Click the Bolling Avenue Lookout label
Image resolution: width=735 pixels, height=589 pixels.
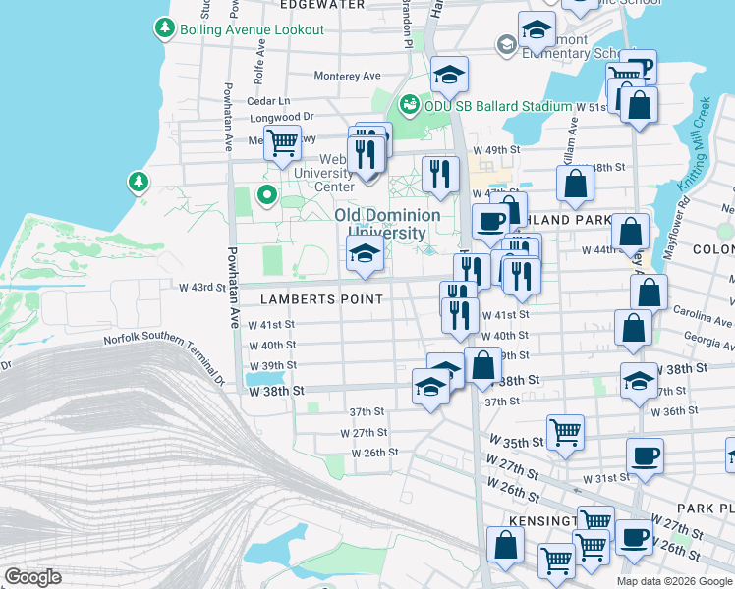pyautogui.click(x=252, y=29)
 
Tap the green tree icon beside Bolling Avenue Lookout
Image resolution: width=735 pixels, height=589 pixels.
pyautogui.click(x=164, y=29)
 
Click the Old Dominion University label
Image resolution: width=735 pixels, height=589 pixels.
pyautogui.click(x=380, y=224)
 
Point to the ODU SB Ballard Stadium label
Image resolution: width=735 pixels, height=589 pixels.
pyautogui.click(x=497, y=106)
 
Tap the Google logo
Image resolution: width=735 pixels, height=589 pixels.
pyautogui.click(x=33, y=577)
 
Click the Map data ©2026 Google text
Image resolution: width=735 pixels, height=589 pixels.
pyautogui.click(x=674, y=581)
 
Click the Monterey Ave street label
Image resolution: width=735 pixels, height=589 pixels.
pyautogui.click(x=347, y=76)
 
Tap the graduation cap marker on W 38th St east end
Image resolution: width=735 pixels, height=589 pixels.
pyautogui.click(x=639, y=382)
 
